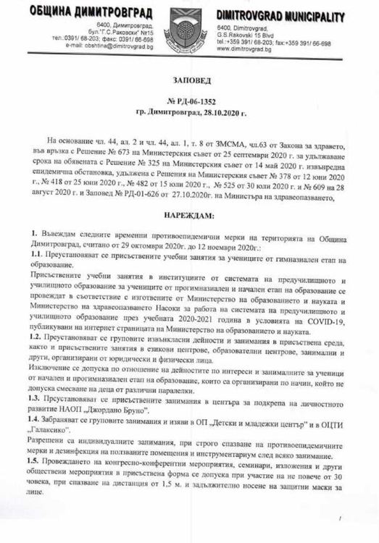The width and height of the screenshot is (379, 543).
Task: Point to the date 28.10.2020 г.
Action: tap(216, 114)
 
